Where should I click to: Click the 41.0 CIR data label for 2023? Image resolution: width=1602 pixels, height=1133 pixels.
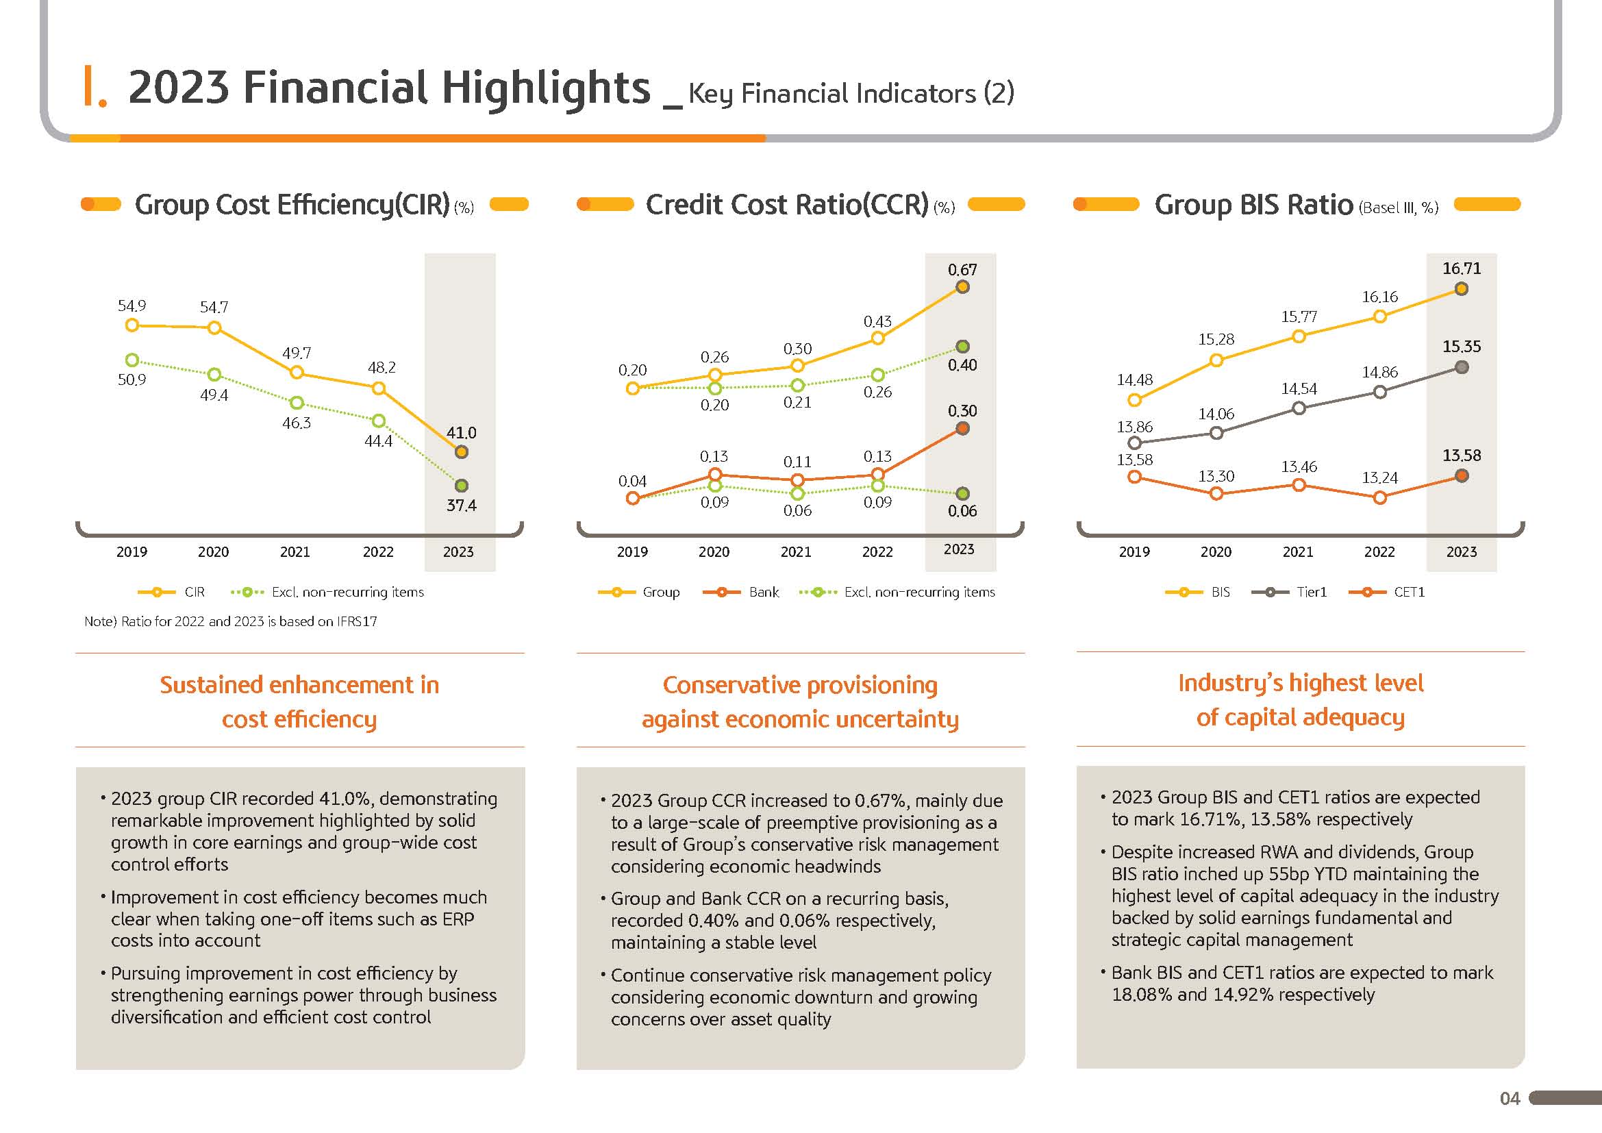pyautogui.click(x=461, y=432)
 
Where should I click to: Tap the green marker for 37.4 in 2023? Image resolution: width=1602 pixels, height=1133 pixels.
pyautogui.click(x=461, y=486)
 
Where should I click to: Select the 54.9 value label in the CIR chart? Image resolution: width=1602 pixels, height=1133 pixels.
pyautogui.click(x=132, y=306)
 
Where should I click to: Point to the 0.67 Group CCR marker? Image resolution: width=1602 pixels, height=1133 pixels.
pyautogui.click(x=962, y=288)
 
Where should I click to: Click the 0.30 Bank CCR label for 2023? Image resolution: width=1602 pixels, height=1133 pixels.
pyautogui.click(x=962, y=411)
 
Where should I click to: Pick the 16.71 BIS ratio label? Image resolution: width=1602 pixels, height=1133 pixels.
pyautogui.click(x=1462, y=269)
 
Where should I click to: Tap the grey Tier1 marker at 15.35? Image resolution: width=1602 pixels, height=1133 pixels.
pyautogui.click(x=1462, y=368)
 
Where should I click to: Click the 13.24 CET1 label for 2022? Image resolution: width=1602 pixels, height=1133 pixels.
pyautogui.click(x=1379, y=478)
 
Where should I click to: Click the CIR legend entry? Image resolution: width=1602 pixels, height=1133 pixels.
pyautogui.click(x=172, y=593)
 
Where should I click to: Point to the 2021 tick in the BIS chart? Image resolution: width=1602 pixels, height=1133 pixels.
pyautogui.click(x=1298, y=552)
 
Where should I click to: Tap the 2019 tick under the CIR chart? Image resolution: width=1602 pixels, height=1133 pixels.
pyautogui.click(x=132, y=552)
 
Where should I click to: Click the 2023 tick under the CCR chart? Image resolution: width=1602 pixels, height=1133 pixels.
pyautogui.click(x=959, y=549)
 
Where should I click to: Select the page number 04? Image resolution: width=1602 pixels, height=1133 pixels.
pyautogui.click(x=1510, y=1099)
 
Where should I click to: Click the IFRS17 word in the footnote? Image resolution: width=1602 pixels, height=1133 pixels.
pyautogui.click(x=357, y=621)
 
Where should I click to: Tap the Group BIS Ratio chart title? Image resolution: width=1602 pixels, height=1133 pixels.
pyautogui.click(x=1254, y=205)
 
